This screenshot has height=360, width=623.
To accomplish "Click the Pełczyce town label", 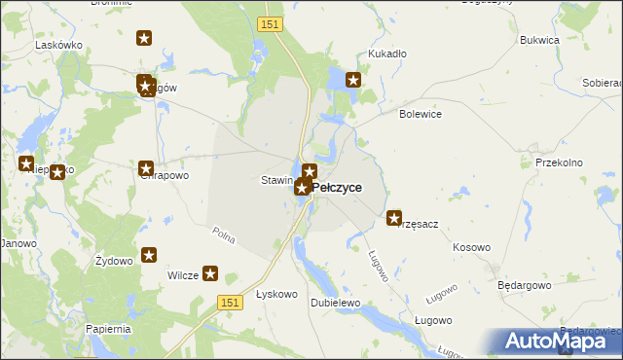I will (338, 187).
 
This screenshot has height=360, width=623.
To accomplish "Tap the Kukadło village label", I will (386, 54).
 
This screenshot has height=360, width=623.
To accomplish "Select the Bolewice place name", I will (421, 114).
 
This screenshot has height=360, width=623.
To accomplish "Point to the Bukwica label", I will (539, 41).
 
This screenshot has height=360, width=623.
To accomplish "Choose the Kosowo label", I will (471, 247).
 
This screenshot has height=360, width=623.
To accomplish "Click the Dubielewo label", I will (336, 303).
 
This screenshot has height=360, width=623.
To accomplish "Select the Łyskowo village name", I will (275, 294).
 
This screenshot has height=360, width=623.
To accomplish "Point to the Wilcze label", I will (183, 275).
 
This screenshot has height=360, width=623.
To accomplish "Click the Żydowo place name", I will (114, 262).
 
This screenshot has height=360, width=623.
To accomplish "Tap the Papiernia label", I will (107, 329).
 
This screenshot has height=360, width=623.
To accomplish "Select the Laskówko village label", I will (56, 45).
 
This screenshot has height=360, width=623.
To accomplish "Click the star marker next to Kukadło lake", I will (353, 81).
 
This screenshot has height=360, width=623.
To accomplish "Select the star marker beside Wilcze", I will (209, 274).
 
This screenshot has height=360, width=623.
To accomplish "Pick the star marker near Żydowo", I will (149, 255).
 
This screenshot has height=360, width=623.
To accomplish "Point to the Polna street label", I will (224, 234).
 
